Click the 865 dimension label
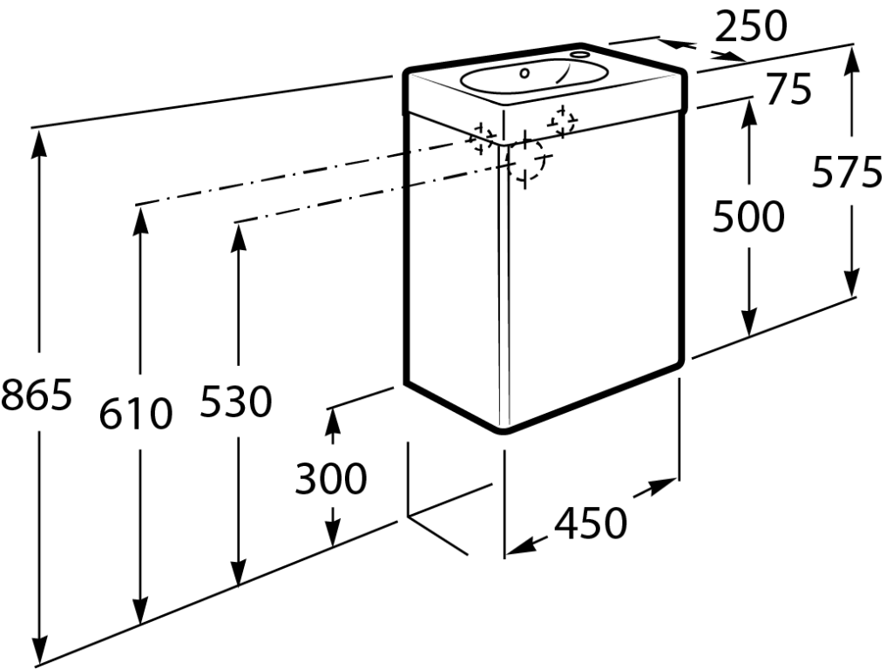pos(37,394)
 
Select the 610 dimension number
pos(136,413)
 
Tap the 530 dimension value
pos(236,401)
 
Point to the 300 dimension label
pos(331,478)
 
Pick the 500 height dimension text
pos(748,216)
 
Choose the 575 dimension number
pos(847,172)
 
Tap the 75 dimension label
pos(789,89)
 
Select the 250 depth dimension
pos(750,26)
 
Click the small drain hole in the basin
pos(524,73)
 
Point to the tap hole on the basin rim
pos(579,55)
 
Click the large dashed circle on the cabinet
pos(525,159)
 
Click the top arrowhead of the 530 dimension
pos(239,237)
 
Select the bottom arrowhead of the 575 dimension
pos(851,281)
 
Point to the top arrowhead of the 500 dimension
pos(749,113)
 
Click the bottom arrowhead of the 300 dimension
pos(333,532)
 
